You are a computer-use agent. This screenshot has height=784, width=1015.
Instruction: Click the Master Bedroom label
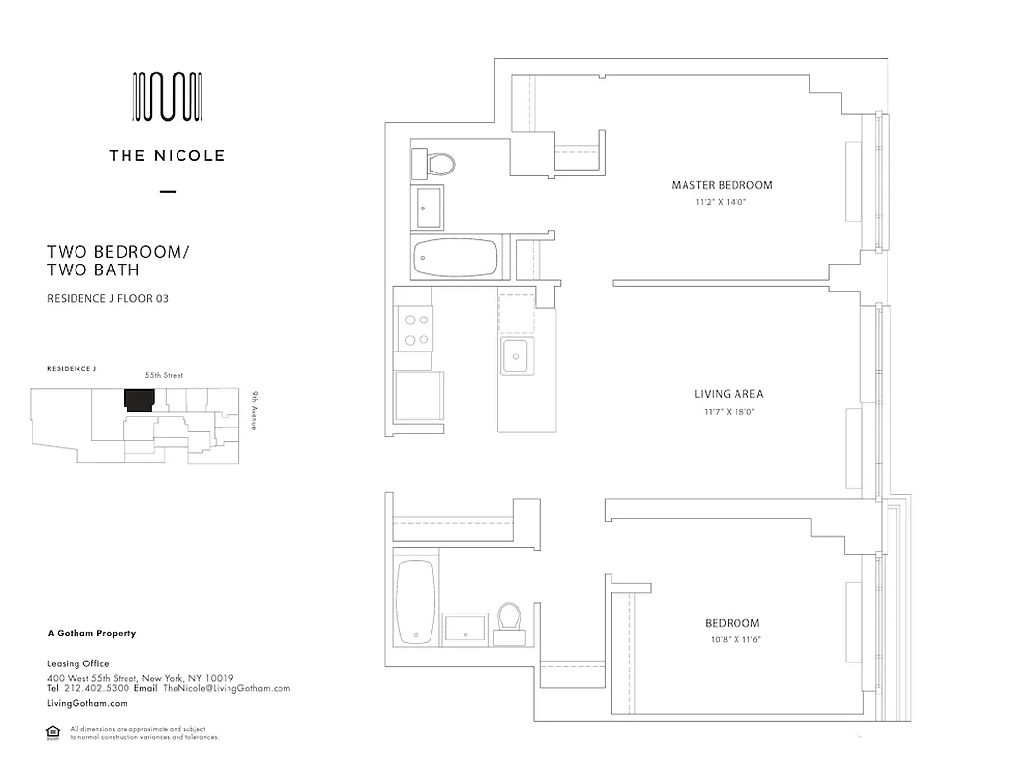(x=721, y=185)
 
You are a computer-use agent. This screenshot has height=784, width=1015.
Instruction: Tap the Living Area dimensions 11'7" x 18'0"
(x=728, y=412)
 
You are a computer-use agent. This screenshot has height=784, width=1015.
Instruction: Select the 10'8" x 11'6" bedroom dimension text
(x=733, y=639)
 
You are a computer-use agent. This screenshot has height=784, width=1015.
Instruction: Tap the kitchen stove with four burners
(x=414, y=328)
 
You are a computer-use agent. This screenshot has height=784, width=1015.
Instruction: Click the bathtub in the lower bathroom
(x=415, y=602)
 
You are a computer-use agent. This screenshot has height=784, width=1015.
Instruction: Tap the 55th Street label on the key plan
(x=164, y=375)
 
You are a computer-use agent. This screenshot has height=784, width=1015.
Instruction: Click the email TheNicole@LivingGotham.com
(x=227, y=688)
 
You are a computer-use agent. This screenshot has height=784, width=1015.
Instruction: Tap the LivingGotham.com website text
(x=87, y=703)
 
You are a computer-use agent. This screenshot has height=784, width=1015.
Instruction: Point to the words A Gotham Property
(x=91, y=634)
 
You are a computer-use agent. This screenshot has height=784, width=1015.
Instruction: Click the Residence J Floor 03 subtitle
(x=108, y=298)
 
